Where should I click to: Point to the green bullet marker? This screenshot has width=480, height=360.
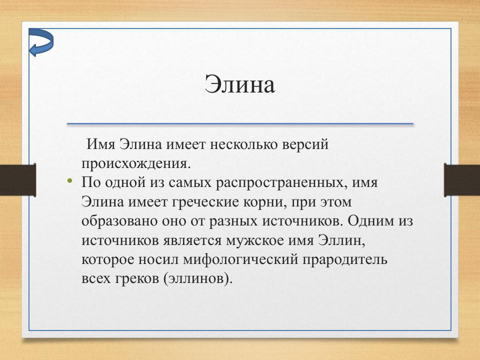click(70, 180)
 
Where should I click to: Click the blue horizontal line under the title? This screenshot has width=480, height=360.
click(240, 123)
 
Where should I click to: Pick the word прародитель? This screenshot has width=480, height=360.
click(347, 259)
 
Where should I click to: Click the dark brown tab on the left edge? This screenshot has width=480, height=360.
click(17, 179)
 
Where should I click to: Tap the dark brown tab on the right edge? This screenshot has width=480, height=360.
click(462, 179)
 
